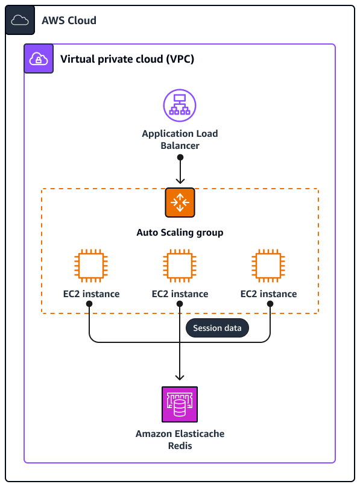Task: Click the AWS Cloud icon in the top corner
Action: [x=20, y=20]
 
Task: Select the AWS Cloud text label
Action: [x=69, y=20]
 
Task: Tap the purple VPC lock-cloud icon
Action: [x=39, y=58]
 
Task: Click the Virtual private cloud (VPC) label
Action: [x=127, y=59]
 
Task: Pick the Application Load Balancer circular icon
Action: [x=180, y=104]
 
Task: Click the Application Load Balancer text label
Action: [x=180, y=139]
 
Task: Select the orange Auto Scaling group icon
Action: [x=180, y=203]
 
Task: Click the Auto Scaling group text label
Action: [x=180, y=232]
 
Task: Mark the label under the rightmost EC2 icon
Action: [x=268, y=294]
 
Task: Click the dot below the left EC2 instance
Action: [x=89, y=304]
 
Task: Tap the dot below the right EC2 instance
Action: [x=270, y=304]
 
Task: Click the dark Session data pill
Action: [x=216, y=328]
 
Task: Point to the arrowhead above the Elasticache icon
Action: [x=180, y=377]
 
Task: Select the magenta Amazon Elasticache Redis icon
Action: [x=180, y=404]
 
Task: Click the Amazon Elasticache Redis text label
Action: [x=180, y=439]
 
